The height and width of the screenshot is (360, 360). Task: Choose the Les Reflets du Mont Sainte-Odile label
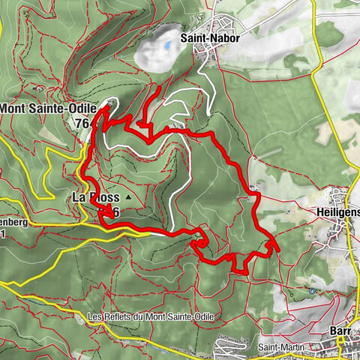tap(150, 317)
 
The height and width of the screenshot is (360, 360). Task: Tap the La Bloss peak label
tap(95, 197)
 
